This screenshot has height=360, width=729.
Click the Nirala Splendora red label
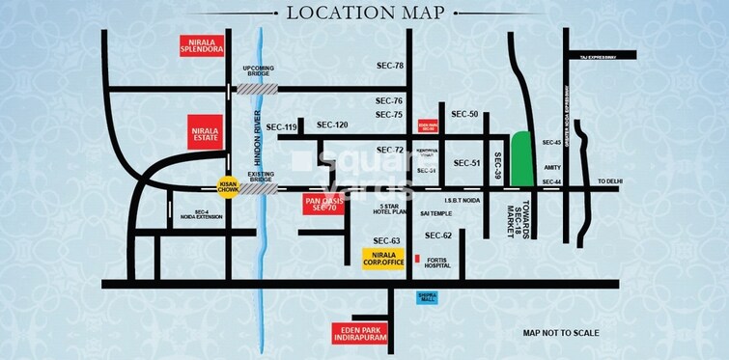pyautogui.click(x=205, y=45)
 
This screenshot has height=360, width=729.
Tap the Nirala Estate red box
pyautogui.click(x=205, y=132)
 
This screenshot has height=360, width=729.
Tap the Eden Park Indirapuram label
pyautogui.click(x=357, y=333)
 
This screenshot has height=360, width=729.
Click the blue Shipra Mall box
pyautogui.click(x=428, y=297)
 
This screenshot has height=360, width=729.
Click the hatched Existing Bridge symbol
pyautogui.click(x=257, y=188)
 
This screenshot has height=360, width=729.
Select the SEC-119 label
pyautogui.click(x=282, y=127)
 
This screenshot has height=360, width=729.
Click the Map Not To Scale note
pyautogui.click(x=561, y=333)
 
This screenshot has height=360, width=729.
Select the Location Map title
pyautogui.click(x=364, y=13)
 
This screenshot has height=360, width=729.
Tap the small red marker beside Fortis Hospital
pyautogui.click(x=417, y=260)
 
